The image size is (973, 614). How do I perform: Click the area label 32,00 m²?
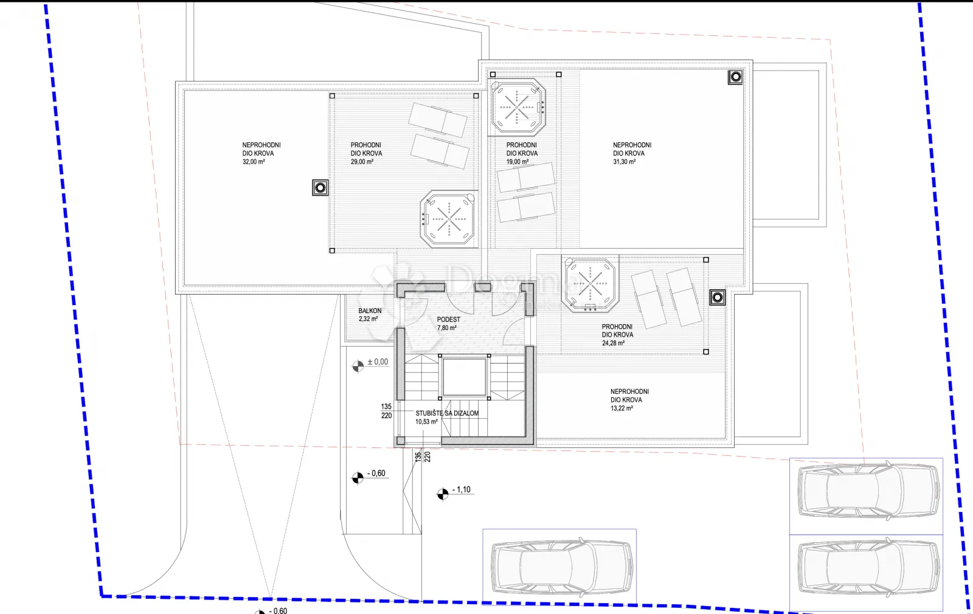coord(253,162)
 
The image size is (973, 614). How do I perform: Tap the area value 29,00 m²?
coord(362,162)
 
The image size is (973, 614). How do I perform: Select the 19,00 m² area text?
coord(518,162)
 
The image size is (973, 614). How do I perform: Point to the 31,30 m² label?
coord(624,162)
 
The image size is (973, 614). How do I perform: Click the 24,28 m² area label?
coord(613,343)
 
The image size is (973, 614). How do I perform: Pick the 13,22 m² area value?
coord(622,408)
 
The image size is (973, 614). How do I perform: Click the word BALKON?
coord(370,311)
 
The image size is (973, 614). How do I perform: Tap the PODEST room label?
coord(448,320)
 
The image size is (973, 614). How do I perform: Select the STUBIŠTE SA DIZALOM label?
coord(447,413)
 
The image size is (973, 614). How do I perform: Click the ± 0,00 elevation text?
coord(378,362)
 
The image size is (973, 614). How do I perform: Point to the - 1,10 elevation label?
coord(462,490)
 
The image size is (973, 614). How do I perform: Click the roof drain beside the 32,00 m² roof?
coord(320,188)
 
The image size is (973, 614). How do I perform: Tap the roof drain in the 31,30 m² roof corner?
coord(735,77)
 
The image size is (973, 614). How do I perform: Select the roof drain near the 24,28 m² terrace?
coord(717,297)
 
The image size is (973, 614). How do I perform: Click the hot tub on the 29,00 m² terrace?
coord(449,219)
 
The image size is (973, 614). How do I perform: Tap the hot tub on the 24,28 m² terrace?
coord(590,284)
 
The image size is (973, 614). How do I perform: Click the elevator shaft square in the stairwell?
coord(465,377)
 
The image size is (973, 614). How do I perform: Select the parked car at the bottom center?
coord(561,567)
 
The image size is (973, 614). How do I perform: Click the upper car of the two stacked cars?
coord(868,491)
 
